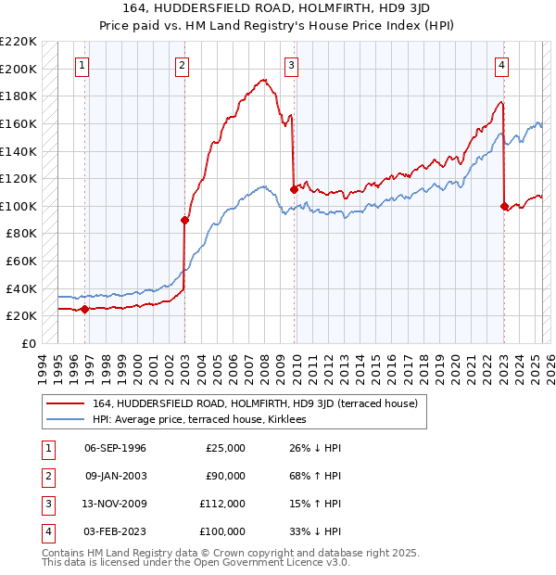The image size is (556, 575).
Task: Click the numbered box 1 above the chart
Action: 83,65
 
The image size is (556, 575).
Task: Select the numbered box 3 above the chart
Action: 291,65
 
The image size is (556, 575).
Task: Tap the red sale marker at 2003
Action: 184,220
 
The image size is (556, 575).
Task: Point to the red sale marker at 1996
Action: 84,309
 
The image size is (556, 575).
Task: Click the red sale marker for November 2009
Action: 294,189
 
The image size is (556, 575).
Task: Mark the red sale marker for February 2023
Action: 504,206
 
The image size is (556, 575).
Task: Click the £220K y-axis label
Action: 19,42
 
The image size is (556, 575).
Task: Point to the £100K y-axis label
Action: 19,206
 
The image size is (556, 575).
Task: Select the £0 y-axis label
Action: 29,343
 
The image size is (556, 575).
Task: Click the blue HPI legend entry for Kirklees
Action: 205,419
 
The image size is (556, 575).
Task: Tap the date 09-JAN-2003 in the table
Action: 115,476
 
